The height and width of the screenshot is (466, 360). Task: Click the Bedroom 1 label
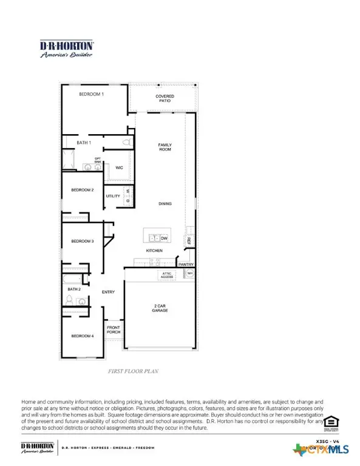pos(92,95)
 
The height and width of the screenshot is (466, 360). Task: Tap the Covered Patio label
pos(165,99)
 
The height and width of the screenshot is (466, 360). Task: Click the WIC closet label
pos(120,167)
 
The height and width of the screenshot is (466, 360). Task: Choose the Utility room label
pos(113,196)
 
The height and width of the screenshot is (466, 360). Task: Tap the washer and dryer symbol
pos(128,195)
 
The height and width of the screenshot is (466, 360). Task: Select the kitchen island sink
pos(152,238)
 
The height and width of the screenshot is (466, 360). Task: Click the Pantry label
pos(186,265)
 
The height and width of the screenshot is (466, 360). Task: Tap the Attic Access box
pos(168,275)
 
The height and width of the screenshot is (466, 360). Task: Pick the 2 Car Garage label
pos(160,308)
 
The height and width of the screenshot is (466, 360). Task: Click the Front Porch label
pos(114,331)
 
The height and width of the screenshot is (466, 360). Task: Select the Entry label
pos(108,292)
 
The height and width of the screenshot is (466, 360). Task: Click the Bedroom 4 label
pos(83,336)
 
